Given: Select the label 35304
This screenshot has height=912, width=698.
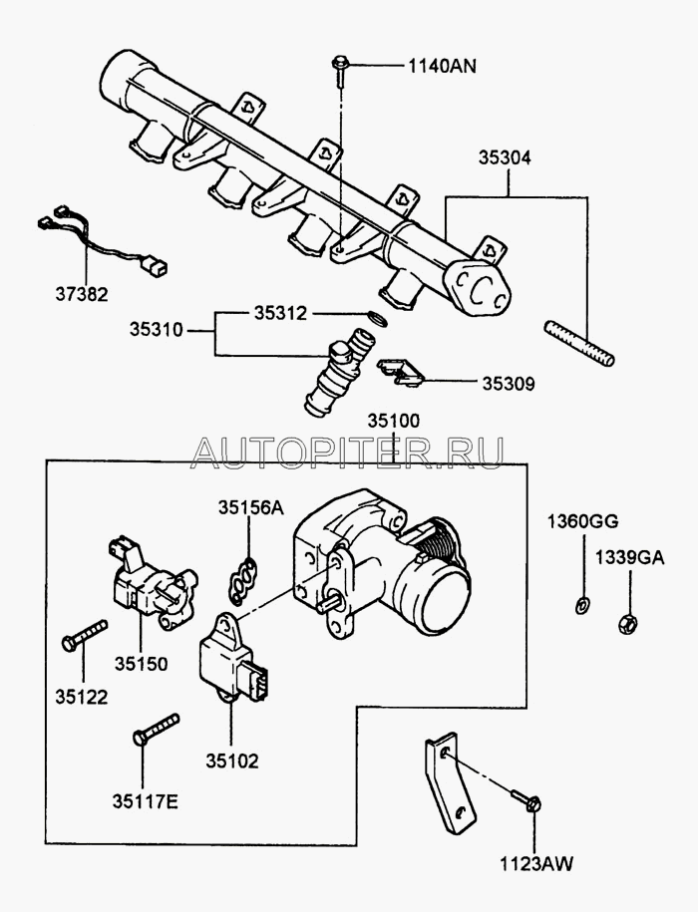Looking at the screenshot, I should [x=503, y=157].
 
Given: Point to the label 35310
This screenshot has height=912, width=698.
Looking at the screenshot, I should [x=156, y=328].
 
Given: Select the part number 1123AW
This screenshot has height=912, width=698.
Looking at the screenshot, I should [x=537, y=864].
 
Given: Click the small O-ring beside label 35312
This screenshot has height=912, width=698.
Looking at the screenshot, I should [x=373, y=319].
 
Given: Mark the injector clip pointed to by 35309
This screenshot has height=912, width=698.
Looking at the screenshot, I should [x=400, y=371].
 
